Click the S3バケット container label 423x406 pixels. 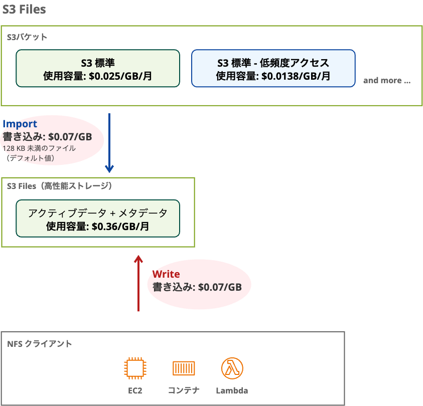coord(28,37)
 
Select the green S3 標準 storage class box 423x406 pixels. coord(98,68)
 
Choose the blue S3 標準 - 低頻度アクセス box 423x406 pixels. coord(273,68)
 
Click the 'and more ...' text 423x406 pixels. coord(386,80)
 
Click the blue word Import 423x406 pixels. coord(20,124)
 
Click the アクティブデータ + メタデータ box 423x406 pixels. coord(98,219)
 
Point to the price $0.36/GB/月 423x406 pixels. coord(120,226)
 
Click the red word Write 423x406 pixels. coord(166,274)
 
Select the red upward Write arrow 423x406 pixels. coord(138,283)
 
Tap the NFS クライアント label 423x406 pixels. coord(40,344)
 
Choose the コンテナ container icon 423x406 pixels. coord(183,369)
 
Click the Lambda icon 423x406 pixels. coord(232,369)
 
